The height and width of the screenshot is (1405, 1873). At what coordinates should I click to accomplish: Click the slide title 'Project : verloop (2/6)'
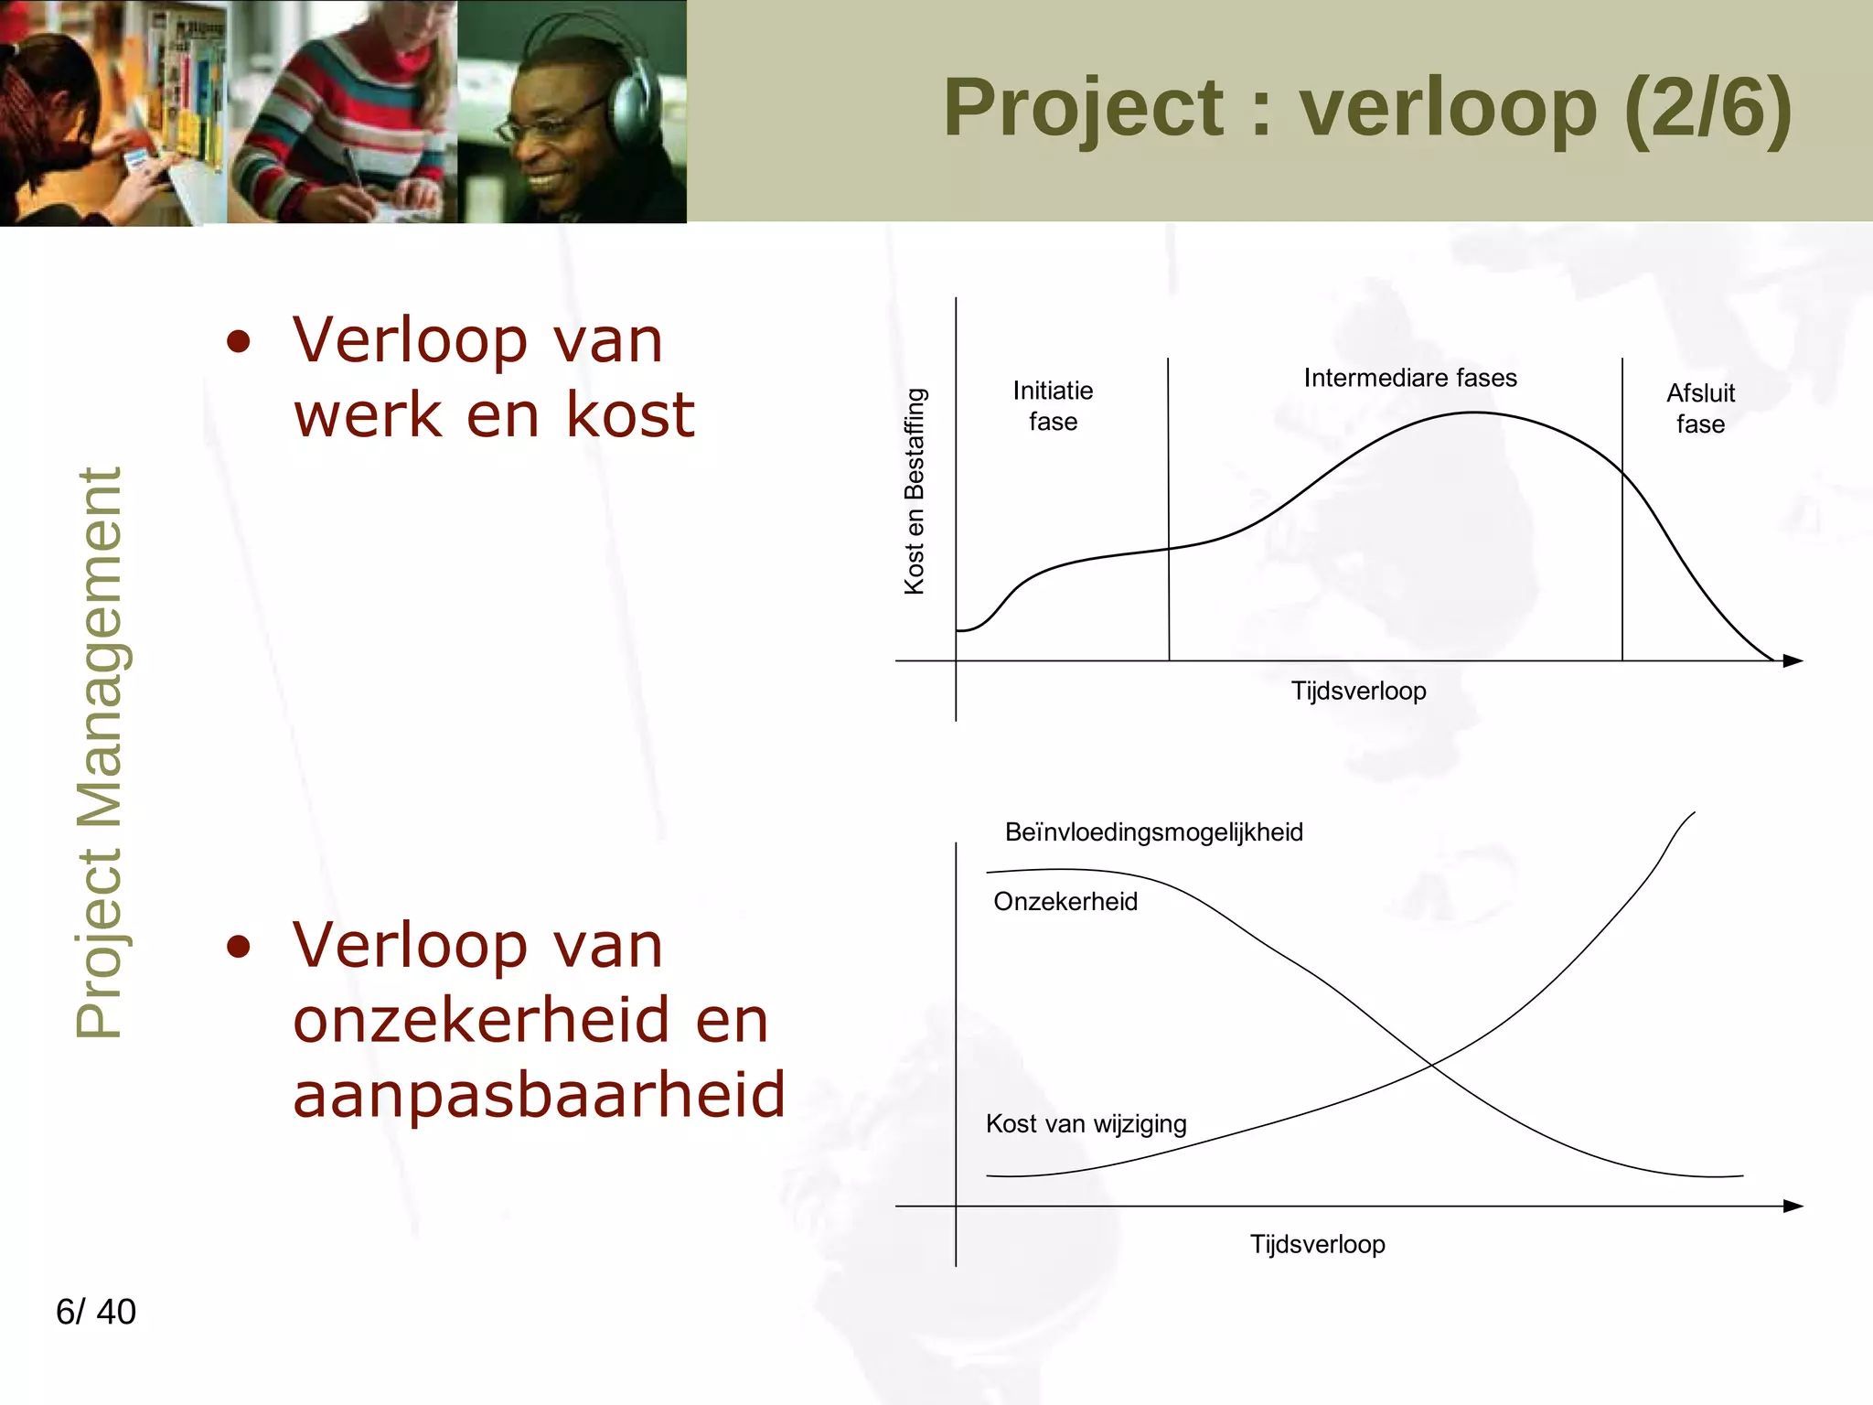pyautogui.click(x=1366, y=108)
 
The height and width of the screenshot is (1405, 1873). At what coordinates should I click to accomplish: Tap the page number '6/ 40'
pyautogui.click(x=96, y=1312)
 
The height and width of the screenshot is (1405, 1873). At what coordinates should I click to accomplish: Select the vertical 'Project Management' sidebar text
pyautogui.click(x=99, y=753)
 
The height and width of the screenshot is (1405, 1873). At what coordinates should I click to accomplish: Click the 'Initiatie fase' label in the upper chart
pyautogui.click(x=1053, y=406)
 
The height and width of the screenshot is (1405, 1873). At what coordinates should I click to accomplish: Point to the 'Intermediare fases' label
pyautogui.click(x=1409, y=378)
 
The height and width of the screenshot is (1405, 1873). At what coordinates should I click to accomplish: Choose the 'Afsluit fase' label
pyautogui.click(x=1700, y=408)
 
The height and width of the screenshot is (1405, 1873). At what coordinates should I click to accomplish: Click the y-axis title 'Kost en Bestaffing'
pyautogui.click(x=915, y=491)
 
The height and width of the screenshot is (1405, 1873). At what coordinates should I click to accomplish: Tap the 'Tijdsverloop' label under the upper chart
pyautogui.click(x=1358, y=691)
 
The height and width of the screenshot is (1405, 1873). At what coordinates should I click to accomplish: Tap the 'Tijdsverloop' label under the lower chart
pyautogui.click(x=1317, y=1244)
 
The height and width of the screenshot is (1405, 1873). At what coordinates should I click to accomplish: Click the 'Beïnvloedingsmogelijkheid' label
pyautogui.click(x=1153, y=832)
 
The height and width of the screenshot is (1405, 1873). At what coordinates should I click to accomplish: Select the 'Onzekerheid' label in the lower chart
pyautogui.click(x=1065, y=902)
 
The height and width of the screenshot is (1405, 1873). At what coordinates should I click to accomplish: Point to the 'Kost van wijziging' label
pyautogui.click(x=1086, y=1123)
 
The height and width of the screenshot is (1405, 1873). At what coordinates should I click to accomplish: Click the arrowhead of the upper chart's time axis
pyautogui.click(x=1793, y=660)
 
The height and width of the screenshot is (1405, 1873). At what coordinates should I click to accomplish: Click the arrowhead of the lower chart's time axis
pyautogui.click(x=1793, y=1206)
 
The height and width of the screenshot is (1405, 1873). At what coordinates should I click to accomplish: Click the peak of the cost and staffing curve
pyautogui.click(x=1474, y=413)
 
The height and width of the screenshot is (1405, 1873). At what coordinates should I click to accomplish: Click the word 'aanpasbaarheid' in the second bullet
pyautogui.click(x=539, y=1094)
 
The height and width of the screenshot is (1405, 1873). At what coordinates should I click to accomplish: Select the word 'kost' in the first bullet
pyautogui.click(x=630, y=414)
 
